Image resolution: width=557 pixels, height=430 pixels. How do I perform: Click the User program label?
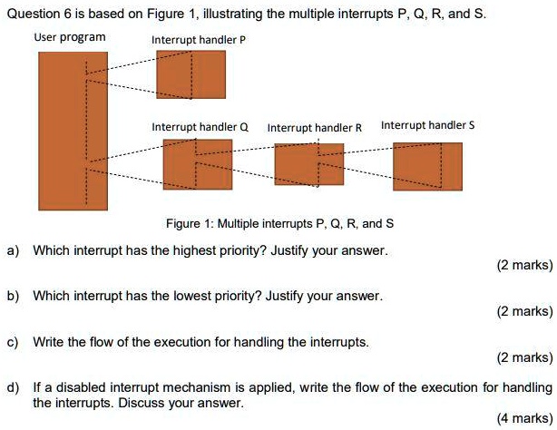[70, 38]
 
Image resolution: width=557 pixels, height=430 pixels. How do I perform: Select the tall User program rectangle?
[73, 130]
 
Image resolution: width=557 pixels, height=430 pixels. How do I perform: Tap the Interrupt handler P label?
[199, 41]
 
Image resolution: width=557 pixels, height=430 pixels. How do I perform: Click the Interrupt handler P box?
[191, 74]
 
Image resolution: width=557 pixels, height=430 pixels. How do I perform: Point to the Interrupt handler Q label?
[200, 127]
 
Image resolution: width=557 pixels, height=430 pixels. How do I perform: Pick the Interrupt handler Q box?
[191, 164]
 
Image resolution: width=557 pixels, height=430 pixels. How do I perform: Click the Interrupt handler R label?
[315, 128]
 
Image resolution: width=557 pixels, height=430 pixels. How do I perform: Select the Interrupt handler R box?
[309, 164]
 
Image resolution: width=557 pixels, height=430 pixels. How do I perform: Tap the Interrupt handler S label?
[426, 125]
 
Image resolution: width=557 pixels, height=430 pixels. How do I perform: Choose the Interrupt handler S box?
[426, 167]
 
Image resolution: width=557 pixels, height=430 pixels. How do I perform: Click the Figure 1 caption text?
[279, 223]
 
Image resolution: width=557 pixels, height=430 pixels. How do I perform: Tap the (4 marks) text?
[524, 418]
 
